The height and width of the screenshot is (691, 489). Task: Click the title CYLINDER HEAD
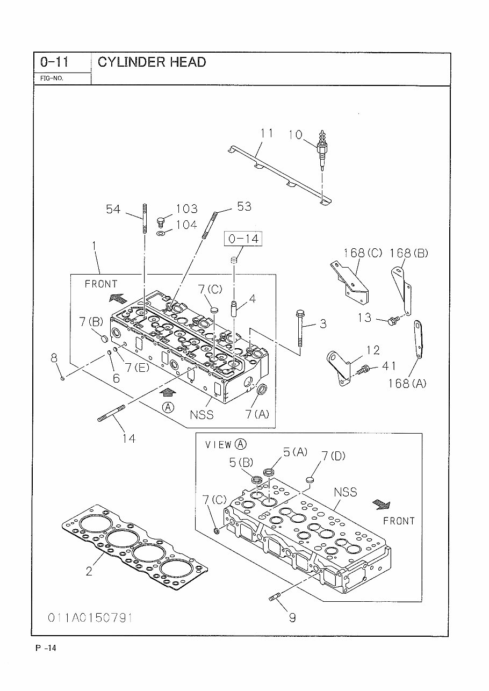point(152,62)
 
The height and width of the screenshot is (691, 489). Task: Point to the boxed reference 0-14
point(243,239)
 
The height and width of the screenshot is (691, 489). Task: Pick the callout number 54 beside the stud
point(113,209)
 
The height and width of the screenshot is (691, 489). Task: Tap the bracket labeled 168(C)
point(349,282)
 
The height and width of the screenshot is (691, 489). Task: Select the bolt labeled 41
point(365,370)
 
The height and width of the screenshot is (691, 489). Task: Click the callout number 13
point(364,318)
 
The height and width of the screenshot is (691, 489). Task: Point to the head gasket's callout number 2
point(89,571)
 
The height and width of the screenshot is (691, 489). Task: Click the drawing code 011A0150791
point(90,617)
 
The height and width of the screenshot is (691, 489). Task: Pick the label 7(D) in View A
point(333,456)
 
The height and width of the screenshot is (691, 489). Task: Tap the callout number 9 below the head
point(292,617)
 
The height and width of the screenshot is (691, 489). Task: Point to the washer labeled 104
point(162,233)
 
